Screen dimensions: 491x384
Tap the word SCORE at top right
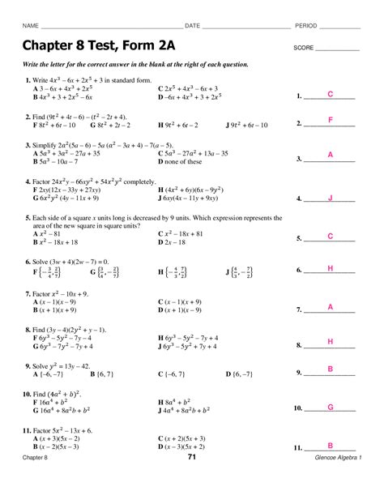point(304,48)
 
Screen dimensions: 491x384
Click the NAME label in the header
point(30,26)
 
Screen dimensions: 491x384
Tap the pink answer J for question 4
point(331,198)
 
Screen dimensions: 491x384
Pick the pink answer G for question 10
point(331,407)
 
